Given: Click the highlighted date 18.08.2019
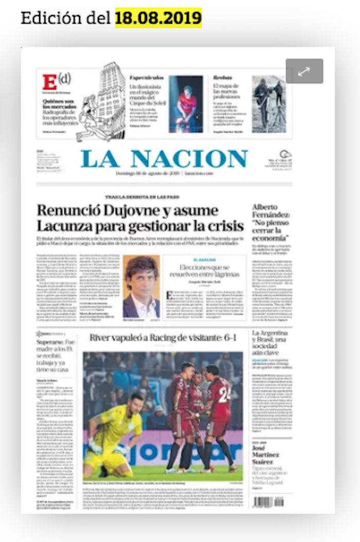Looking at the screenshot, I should [x=158, y=18].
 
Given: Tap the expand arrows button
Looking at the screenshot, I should [x=304, y=71].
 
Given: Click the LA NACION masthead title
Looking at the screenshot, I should [x=164, y=159].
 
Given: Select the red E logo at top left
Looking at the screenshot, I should [x=49, y=83].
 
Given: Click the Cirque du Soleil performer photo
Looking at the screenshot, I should [x=186, y=104].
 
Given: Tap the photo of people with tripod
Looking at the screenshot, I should [x=269, y=104].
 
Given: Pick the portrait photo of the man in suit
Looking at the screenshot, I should [x=141, y=286].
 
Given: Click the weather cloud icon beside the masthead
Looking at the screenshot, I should [x=285, y=154].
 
